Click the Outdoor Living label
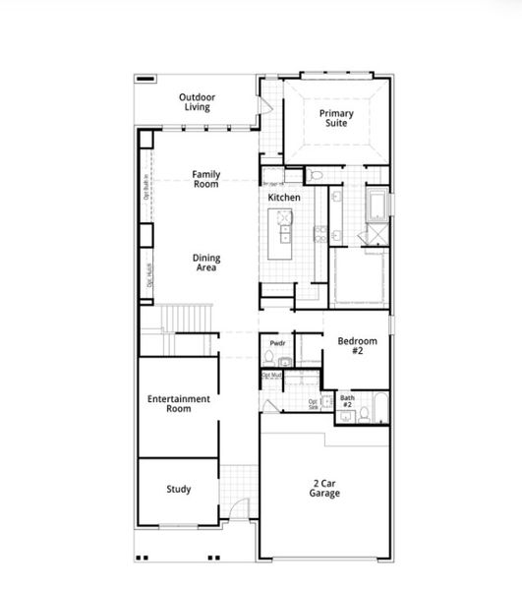click(197, 102)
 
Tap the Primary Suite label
click(336, 119)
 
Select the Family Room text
click(205, 179)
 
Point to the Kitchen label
click(284, 198)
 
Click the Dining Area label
click(205, 263)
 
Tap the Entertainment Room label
click(178, 403)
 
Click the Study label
click(178, 489)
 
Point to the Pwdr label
click(277, 343)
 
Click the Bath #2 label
click(347, 401)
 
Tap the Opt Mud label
click(272, 375)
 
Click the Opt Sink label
click(314, 404)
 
